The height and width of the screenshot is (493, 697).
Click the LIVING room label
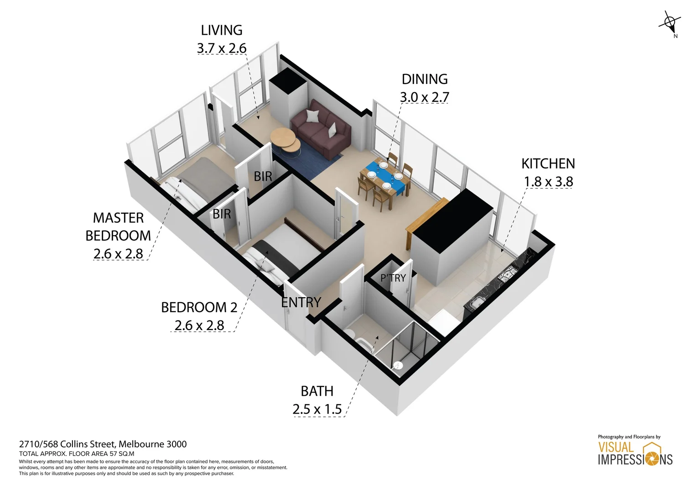(222, 30)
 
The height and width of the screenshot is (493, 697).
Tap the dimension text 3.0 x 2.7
(424, 97)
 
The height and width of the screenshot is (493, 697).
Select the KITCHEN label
(548, 163)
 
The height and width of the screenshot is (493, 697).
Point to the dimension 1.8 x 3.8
(548, 182)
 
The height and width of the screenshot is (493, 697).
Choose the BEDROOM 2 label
(199, 307)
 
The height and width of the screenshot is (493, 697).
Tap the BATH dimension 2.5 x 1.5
(317, 409)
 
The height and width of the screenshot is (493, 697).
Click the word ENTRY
(301, 302)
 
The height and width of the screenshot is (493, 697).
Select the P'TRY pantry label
(393, 278)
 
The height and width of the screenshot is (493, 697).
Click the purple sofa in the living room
(321, 129)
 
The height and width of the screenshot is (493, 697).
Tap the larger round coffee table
(282, 136)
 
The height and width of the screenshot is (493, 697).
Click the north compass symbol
(670, 23)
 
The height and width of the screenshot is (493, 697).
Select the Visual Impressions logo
(635, 453)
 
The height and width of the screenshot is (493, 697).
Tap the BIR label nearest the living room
(263, 176)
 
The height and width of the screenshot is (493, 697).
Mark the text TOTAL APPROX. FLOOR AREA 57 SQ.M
(77, 454)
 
